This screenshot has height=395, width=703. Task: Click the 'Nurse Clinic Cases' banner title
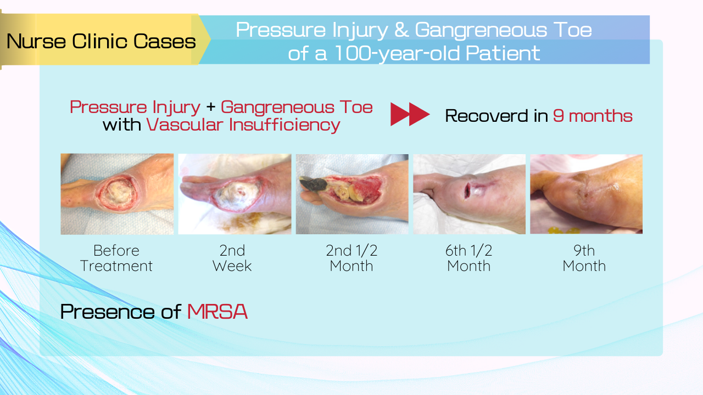[x=101, y=41]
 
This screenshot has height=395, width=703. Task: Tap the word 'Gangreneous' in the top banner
[x=481, y=31]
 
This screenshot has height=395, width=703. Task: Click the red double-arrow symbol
[x=410, y=115]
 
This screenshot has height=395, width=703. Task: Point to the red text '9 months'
[x=593, y=116]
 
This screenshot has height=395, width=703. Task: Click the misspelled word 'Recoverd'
[x=487, y=116]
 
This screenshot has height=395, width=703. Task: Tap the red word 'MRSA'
[x=217, y=312]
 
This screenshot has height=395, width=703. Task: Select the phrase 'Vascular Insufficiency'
[x=243, y=125]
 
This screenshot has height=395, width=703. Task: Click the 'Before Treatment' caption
[x=116, y=258]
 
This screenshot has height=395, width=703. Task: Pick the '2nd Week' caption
[x=232, y=258]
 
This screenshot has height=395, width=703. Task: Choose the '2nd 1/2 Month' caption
[x=351, y=258]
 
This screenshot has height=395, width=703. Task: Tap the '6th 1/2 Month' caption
[x=469, y=258]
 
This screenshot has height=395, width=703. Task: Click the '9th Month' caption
[x=584, y=258]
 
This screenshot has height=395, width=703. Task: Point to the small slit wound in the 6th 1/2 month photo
[x=467, y=190]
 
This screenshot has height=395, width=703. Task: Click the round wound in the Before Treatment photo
[x=118, y=193]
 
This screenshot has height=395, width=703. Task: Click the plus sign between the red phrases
[x=210, y=107]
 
